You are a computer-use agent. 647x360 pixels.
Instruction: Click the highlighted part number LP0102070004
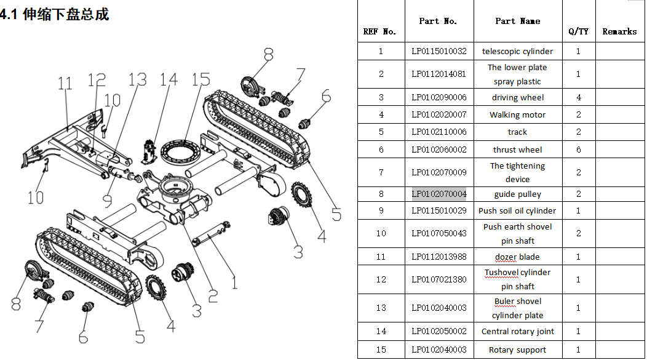click(x=439, y=194)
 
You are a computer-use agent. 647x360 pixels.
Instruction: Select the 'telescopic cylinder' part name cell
click(x=517, y=52)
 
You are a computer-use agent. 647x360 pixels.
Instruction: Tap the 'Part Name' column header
click(x=517, y=21)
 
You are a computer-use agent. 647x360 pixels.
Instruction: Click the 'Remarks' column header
click(x=619, y=31)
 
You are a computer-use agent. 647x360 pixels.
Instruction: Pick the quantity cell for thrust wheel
click(x=578, y=150)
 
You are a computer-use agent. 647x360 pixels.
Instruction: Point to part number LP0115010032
click(x=439, y=52)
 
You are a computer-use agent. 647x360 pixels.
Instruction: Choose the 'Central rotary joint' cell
click(x=517, y=332)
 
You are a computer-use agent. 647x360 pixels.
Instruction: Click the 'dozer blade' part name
click(x=517, y=257)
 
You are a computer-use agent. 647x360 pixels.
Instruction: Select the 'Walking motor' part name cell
click(x=517, y=115)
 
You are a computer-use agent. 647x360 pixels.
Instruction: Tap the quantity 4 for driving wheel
click(x=578, y=98)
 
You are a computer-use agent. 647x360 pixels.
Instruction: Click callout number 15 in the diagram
click(x=200, y=80)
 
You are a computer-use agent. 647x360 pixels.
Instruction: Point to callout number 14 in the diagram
click(x=169, y=79)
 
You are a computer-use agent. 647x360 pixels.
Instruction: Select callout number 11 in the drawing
click(x=65, y=83)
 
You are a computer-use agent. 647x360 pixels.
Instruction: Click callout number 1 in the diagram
click(x=234, y=282)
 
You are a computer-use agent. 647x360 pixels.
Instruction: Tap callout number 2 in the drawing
click(x=212, y=295)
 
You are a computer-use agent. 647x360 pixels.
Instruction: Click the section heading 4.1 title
click(x=55, y=14)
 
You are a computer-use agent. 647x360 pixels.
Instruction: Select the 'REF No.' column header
click(x=379, y=31)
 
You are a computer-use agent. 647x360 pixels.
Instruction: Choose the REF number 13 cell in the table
click(x=381, y=308)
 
